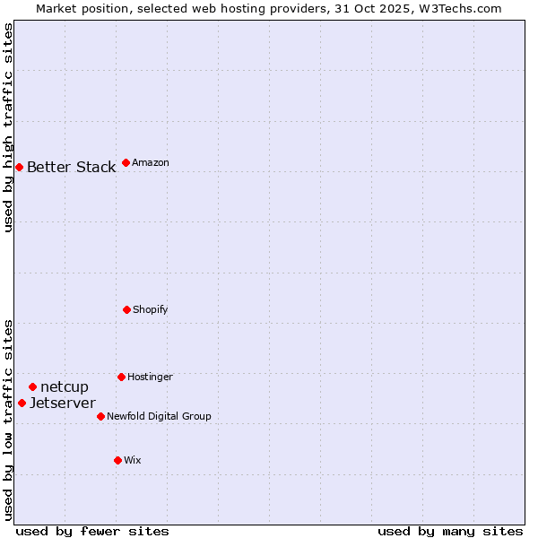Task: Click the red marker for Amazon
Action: coord(126,162)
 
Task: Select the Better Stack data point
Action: coord(19,167)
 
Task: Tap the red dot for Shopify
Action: coord(126,309)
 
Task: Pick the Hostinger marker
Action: coord(121,377)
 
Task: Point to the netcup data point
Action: coord(32,386)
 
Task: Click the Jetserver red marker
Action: coord(22,403)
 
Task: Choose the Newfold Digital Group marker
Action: coord(100,416)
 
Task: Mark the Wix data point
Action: coord(117,460)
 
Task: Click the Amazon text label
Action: coord(151,163)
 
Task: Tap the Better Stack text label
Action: coord(71,168)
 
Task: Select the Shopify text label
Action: coord(150,310)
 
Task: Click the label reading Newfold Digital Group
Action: coord(159,417)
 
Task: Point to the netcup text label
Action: coord(65,387)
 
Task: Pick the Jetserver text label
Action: coord(62,403)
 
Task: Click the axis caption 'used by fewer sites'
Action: coord(91,531)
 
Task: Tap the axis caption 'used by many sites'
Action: coord(450,531)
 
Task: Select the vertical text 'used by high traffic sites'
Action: coord(8,128)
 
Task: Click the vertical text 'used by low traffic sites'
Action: coord(8,419)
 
